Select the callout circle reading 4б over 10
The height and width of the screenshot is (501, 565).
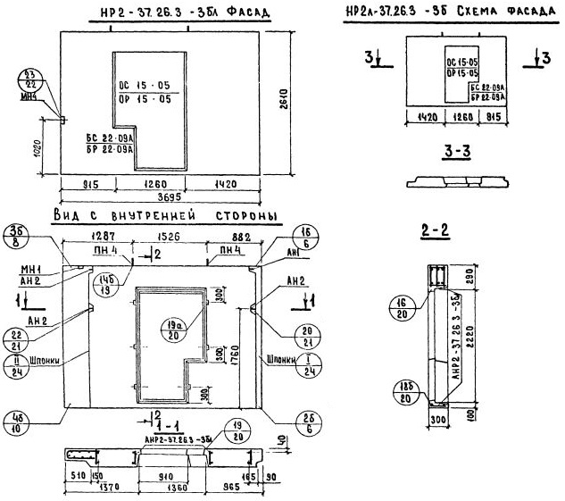coord(18,420)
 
